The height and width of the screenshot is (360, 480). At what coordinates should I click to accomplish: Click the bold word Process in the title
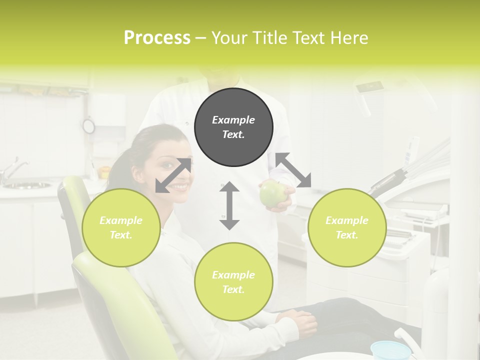click(157, 38)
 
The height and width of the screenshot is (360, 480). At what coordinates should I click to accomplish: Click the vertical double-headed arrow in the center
click(229, 205)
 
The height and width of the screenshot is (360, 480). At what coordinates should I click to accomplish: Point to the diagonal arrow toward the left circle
click(173, 175)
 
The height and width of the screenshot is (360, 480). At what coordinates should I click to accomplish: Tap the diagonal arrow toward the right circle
click(293, 170)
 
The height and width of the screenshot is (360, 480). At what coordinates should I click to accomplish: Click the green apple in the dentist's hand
click(272, 194)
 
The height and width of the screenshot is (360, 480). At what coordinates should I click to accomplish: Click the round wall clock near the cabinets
click(89, 126)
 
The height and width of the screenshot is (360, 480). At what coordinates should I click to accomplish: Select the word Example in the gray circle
click(233, 120)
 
